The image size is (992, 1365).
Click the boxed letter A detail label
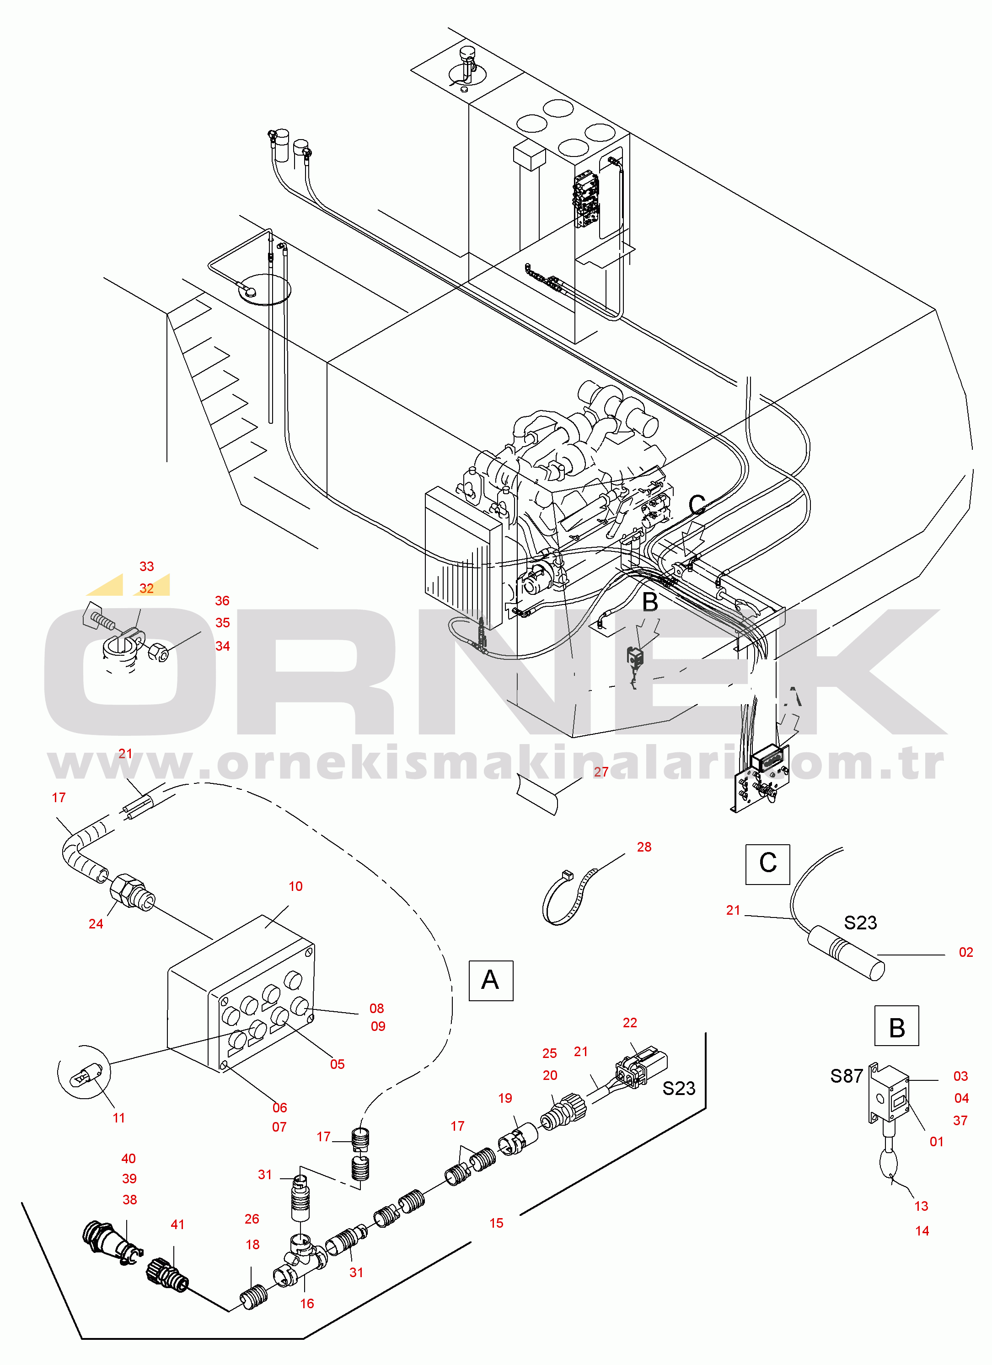coord(490,981)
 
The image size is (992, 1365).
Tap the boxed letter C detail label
coord(767,864)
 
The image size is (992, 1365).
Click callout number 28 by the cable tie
coord(643,847)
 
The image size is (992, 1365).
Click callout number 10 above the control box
coord(295,886)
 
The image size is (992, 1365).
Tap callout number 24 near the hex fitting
coord(96,924)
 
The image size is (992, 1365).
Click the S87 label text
coord(847,1075)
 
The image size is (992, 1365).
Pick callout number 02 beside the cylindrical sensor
coord(965,952)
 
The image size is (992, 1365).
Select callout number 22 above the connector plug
coord(629,1023)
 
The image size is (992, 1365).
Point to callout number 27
coord(601,772)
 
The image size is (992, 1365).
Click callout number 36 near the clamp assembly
coord(222,601)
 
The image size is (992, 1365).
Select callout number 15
coord(496,1223)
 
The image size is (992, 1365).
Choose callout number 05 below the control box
coord(337,1064)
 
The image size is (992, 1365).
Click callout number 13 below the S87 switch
coord(921,1206)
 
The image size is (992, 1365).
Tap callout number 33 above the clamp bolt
coord(146,567)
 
